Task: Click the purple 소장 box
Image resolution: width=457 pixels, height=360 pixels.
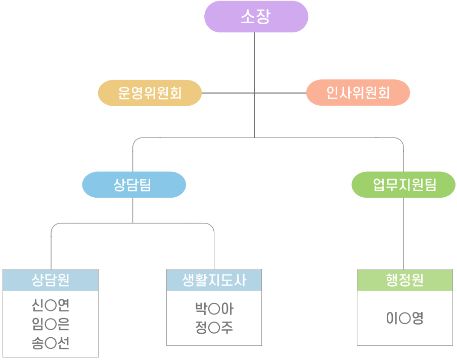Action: [256, 17]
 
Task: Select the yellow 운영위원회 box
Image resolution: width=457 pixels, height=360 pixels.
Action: [150, 93]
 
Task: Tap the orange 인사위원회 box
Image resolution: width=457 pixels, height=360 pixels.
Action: [358, 93]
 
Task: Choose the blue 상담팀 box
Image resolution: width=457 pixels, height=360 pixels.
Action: [133, 185]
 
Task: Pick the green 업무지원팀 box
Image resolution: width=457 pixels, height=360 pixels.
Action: [403, 185]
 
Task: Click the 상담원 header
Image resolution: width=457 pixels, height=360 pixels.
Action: [51, 280]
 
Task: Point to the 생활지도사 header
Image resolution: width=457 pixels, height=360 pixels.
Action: [214, 280]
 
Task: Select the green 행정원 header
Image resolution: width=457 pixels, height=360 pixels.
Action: [404, 280]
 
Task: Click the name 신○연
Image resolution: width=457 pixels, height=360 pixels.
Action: [50, 306]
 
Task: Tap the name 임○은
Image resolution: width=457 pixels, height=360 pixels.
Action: [50, 325]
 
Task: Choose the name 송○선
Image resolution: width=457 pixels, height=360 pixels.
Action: [50, 343]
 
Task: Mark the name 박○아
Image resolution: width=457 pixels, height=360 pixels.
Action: [214, 309]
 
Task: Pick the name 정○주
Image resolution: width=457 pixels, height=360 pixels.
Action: [214, 328]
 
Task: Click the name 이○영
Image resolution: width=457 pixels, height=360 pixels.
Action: [404, 318]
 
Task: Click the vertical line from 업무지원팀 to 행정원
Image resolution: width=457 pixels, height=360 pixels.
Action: [403, 233]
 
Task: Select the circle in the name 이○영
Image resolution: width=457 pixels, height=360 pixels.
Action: [404, 319]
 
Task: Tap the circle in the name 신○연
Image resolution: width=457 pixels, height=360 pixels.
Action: [50, 306]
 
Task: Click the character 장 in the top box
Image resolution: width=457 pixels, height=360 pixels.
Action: [263, 17]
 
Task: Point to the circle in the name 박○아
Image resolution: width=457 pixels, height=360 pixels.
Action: [214, 309]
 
